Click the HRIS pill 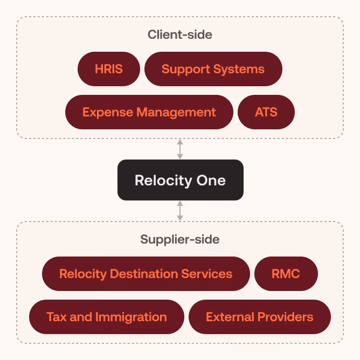(x=109, y=69)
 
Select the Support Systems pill (x=213, y=69)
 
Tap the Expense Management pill (x=149, y=112)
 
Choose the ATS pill (x=266, y=112)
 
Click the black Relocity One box (x=181, y=180)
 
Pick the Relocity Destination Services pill (x=146, y=274)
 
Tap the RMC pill (x=286, y=274)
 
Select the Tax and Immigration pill (x=107, y=317)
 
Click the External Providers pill (x=260, y=317)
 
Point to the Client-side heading (x=180, y=34)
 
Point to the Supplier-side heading (x=180, y=239)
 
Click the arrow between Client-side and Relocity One (x=180, y=149)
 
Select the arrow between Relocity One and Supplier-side (x=180, y=211)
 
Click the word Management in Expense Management (x=176, y=113)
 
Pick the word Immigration (x=131, y=317)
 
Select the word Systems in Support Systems (x=239, y=70)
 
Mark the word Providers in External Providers (x=286, y=317)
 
